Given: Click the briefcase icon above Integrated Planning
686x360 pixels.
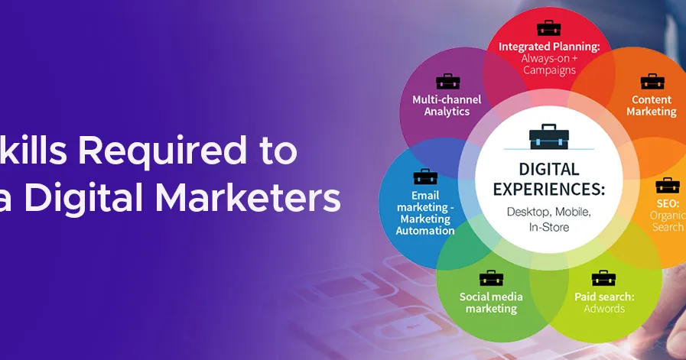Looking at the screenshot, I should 548,28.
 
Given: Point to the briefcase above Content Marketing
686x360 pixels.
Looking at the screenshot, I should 652,81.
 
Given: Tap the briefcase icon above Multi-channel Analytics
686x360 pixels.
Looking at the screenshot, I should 447,81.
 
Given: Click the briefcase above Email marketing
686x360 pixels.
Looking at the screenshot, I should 425,177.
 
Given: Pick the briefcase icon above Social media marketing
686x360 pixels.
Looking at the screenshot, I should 491,278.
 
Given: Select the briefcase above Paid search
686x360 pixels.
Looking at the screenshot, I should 603,278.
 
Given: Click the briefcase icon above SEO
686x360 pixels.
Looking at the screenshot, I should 667,185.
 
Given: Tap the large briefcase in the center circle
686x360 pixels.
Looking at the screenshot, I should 548,137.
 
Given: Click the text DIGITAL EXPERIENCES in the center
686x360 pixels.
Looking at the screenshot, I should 548,178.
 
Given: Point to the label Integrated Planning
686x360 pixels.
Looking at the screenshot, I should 548,46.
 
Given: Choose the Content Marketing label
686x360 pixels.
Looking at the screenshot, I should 652,105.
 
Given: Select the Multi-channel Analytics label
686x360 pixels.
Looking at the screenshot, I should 447,105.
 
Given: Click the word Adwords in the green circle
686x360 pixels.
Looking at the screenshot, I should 604,309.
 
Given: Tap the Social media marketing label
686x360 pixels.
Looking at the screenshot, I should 491,303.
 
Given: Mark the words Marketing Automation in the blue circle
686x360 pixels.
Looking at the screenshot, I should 425,225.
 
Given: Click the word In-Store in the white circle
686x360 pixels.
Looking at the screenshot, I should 548,227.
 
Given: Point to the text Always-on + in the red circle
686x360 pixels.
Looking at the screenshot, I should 548,58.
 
